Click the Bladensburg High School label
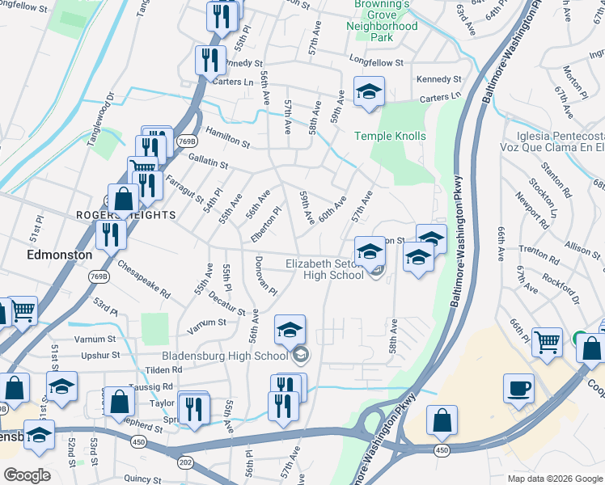point(225,356)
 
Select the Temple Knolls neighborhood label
point(390,136)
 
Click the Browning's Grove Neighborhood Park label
point(383,20)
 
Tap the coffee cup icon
point(518,389)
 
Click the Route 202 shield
point(184,462)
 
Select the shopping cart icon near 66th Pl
point(548,342)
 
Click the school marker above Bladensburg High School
point(290,329)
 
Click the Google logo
point(27,474)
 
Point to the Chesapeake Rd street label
point(144,278)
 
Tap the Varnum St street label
point(206,323)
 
